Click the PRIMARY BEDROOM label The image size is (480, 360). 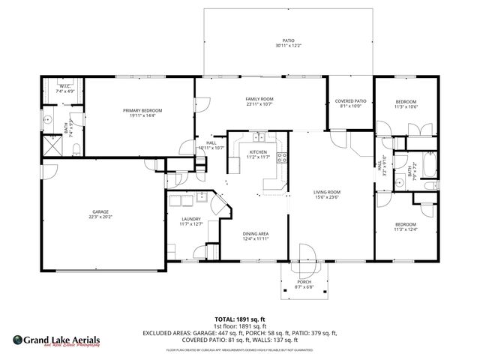point(142,110)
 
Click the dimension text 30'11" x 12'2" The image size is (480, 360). point(287,46)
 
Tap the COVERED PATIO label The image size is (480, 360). point(351,100)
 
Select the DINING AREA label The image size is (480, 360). point(255,233)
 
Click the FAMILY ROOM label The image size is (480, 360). point(259,99)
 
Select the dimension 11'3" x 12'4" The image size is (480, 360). point(406,229)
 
